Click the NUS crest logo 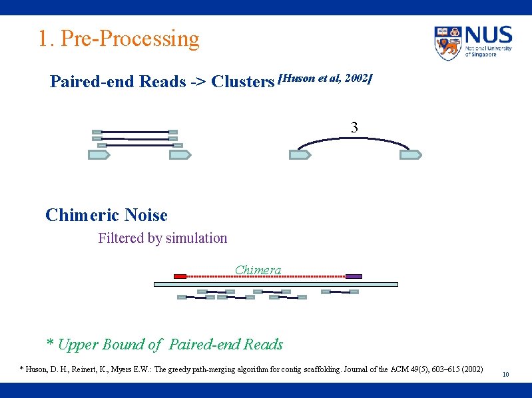[x=448, y=43]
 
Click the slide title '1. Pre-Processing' [x=119, y=39]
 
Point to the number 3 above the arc [x=354, y=127]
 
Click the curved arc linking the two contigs [x=354, y=138]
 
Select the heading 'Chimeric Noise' [x=107, y=215]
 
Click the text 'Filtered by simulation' [x=162, y=238]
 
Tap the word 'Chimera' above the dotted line [x=258, y=270]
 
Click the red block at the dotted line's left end [x=180, y=276]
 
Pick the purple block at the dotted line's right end [x=354, y=276]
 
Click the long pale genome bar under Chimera [x=276, y=284]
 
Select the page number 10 [x=505, y=375]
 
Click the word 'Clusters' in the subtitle [x=242, y=82]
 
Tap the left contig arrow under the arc [x=300, y=155]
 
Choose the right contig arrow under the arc [x=410, y=155]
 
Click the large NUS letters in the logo [x=489, y=35]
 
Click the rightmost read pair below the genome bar [x=340, y=292]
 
